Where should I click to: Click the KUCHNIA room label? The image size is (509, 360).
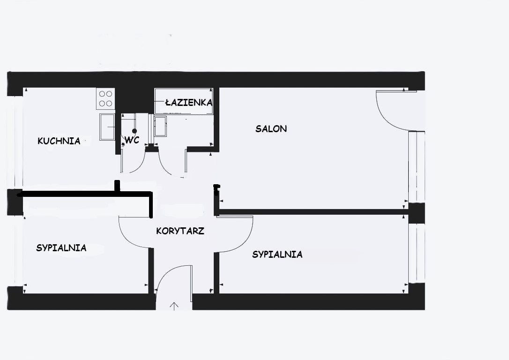tap(59, 141)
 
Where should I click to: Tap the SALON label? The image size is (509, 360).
tap(271, 129)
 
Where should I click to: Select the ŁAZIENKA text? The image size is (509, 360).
tap(188, 103)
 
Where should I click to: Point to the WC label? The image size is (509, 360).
tap(132, 140)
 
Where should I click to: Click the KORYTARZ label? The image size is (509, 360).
tap(180, 231)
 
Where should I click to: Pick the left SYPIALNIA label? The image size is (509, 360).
tap(61, 248)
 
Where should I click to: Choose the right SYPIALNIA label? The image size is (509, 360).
tap(277, 254)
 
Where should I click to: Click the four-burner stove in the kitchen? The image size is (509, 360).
tap(105, 99)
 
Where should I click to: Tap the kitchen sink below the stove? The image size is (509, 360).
tap(107, 127)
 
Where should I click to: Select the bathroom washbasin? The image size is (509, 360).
tap(160, 126)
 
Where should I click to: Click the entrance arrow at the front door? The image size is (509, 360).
tap(174, 306)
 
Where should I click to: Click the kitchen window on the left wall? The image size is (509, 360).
tap(15, 143)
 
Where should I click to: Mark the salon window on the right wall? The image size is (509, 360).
tap(417, 167)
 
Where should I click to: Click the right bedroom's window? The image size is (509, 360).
tap(417, 253)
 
